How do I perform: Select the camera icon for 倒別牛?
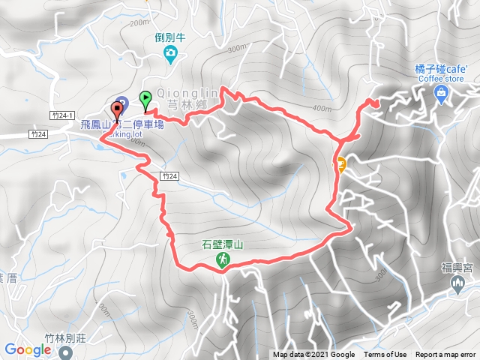click(172, 52)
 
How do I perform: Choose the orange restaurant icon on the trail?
click(340, 165)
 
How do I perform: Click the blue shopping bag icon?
click(440, 94)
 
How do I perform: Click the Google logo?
click(27, 349)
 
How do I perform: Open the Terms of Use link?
click(385, 355)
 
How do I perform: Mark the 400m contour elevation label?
click(322, 109)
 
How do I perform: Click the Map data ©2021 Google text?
click(313, 355)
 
